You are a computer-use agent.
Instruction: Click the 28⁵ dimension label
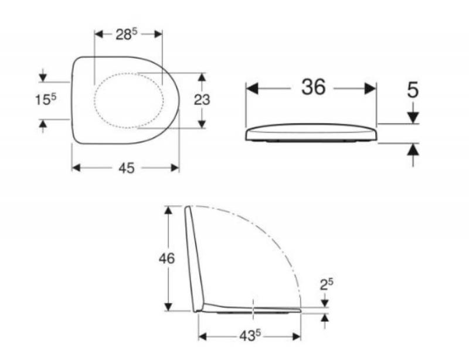click(x=126, y=35)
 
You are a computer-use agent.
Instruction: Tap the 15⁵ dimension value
click(x=46, y=100)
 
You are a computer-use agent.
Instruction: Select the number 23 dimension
click(x=202, y=100)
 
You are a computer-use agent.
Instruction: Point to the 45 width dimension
click(x=127, y=168)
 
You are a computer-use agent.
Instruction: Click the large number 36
click(x=313, y=87)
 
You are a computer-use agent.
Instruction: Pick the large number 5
click(x=413, y=90)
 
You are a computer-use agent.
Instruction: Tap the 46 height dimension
click(x=166, y=258)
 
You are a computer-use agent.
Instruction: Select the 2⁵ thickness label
click(x=327, y=284)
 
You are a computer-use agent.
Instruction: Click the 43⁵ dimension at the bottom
click(x=250, y=337)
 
